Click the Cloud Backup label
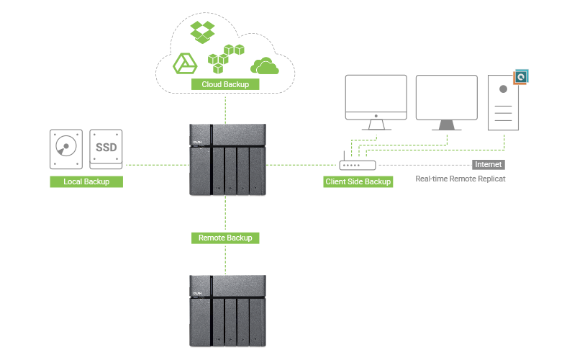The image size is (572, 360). pyautogui.click(x=225, y=84)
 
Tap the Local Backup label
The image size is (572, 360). pyautogui.click(x=86, y=181)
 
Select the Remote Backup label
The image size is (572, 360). pyautogui.click(x=225, y=237)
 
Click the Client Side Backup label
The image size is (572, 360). pyautogui.click(x=358, y=181)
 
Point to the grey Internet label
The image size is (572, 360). pyautogui.click(x=488, y=164)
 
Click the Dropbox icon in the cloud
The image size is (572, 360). pyautogui.click(x=202, y=32)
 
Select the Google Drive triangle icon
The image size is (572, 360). pyautogui.click(x=185, y=64)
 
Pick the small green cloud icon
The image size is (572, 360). pyautogui.click(x=264, y=66)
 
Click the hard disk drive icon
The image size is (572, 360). pyautogui.click(x=66, y=149)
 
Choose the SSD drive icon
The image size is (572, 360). pyautogui.click(x=106, y=149)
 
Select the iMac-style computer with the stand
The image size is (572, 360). pyautogui.click(x=376, y=102)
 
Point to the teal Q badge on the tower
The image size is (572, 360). pyautogui.click(x=522, y=76)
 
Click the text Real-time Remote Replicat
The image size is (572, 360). pyautogui.click(x=460, y=178)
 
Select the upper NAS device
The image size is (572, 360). pyautogui.click(x=227, y=159)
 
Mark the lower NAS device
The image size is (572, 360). pyautogui.click(x=227, y=310)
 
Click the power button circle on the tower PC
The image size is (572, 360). pyautogui.click(x=503, y=90)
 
